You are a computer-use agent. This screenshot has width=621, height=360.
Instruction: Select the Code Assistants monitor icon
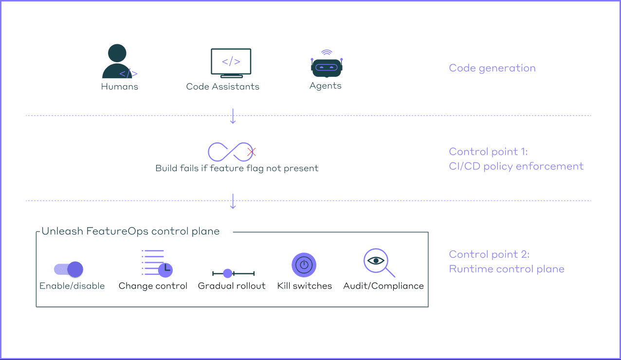click(x=231, y=62)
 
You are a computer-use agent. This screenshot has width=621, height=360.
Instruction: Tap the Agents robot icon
click(x=326, y=67)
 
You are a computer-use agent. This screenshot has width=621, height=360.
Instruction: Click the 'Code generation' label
click(x=492, y=68)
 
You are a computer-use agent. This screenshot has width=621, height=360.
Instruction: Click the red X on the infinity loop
click(x=251, y=152)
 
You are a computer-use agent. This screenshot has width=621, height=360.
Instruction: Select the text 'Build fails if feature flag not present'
click(x=237, y=168)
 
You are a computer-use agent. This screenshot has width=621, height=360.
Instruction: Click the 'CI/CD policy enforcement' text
click(x=516, y=166)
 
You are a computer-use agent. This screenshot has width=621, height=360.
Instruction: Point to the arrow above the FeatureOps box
click(x=233, y=201)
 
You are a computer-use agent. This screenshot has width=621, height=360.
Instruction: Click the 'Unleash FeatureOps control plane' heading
click(x=130, y=232)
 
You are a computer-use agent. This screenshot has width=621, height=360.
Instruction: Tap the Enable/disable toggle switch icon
click(x=69, y=269)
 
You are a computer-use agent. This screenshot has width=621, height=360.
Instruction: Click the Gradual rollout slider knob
click(x=227, y=273)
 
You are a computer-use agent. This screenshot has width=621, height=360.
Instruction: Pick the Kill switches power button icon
click(x=304, y=265)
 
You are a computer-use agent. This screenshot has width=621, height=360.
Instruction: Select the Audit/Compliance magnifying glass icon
click(x=378, y=262)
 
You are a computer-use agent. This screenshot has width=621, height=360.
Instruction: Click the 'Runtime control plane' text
click(x=507, y=269)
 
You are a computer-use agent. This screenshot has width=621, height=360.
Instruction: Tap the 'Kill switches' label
click(x=305, y=286)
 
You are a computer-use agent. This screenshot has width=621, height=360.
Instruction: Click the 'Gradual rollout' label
click(x=232, y=286)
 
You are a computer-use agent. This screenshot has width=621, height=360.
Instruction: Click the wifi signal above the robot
click(x=327, y=52)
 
